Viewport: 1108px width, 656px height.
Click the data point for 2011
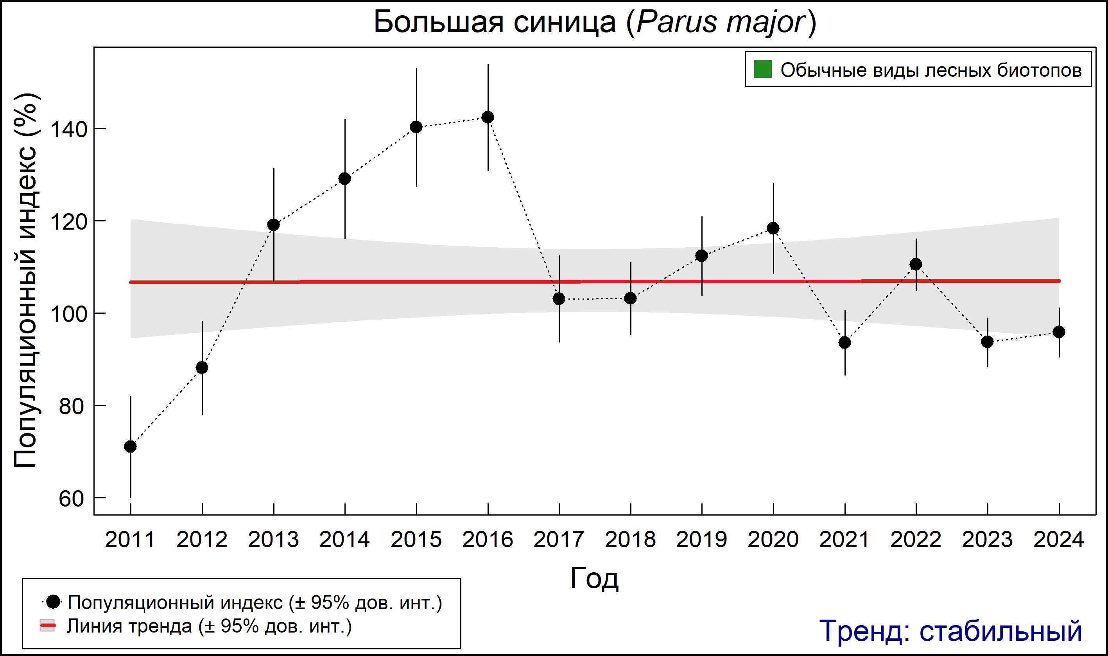(130, 446)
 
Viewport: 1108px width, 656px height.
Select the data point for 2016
(488, 117)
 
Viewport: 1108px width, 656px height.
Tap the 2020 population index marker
(773, 228)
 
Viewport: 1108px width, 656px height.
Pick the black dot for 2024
(1059, 332)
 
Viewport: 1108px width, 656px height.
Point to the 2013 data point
(273, 225)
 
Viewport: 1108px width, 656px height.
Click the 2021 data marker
(845, 343)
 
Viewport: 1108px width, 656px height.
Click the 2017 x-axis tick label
(559, 540)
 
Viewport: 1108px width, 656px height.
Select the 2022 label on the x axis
(916, 540)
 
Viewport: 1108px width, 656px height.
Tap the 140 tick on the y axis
(68, 129)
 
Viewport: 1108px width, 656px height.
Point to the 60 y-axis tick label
(71, 499)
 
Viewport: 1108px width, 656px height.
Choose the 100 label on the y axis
(68, 314)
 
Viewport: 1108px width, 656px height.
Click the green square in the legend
(763, 69)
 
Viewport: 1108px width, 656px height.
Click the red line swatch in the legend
(48, 626)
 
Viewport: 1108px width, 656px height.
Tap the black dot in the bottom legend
(54, 602)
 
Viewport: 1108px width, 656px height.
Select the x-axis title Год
(594, 578)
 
